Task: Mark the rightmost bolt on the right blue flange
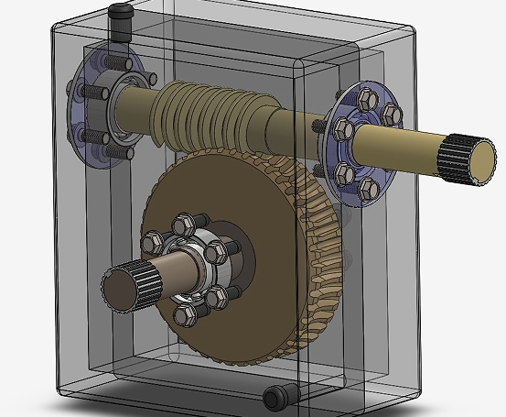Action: point(391,114)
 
